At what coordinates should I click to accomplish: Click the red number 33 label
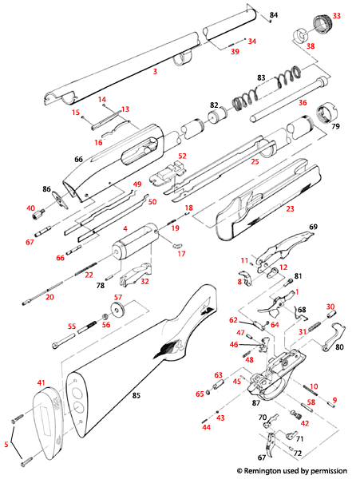(336, 15)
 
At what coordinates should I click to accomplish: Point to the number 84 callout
(273, 15)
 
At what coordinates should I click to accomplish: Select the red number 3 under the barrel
(155, 72)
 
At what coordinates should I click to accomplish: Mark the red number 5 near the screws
(7, 444)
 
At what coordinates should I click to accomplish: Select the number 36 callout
(324, 102)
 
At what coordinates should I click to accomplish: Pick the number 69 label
(313, 228)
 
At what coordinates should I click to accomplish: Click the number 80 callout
(339, 347)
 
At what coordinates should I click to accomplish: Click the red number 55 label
(71, 327)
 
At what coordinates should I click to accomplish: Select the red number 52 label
(182, 156)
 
